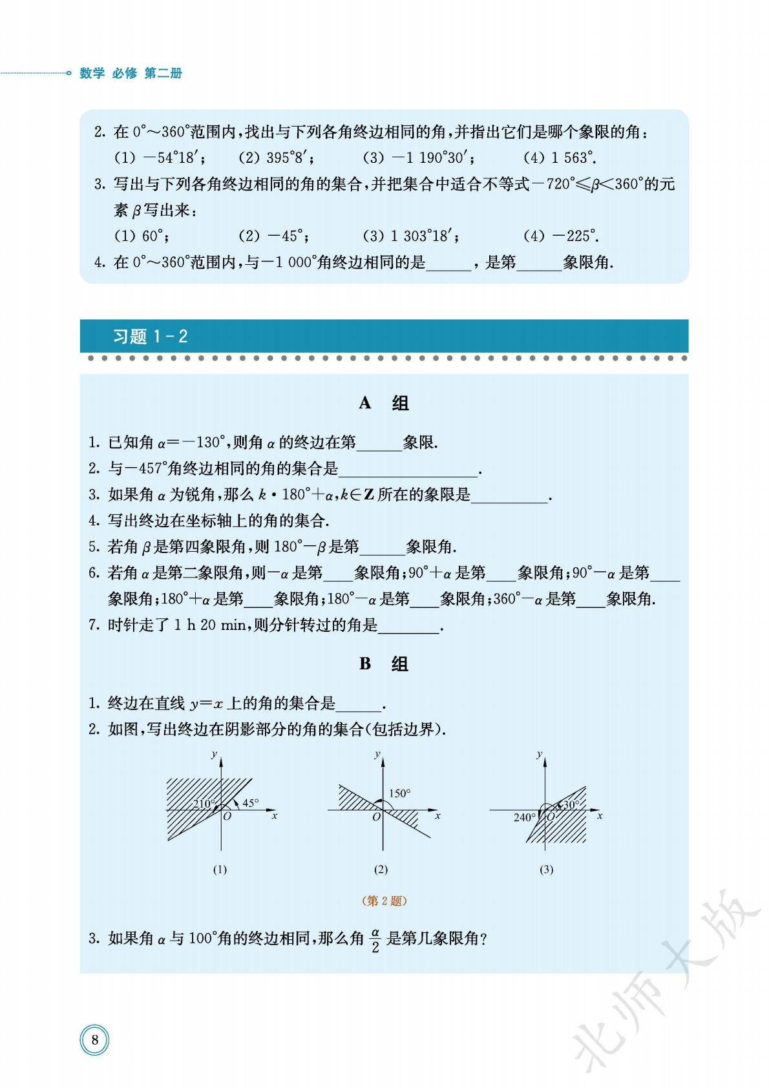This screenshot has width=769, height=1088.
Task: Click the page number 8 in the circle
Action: tap(95, 1040)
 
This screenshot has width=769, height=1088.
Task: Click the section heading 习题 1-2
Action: tap(150, 337)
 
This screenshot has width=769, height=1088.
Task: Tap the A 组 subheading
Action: tap(384, 403)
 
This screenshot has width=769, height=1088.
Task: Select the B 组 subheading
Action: tap(384, 664)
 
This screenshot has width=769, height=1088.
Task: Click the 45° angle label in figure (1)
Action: tap(250, 803)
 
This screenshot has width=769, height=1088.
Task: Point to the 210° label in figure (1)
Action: tap(204, 804)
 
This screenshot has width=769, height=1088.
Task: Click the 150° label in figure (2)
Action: tap(399, 793)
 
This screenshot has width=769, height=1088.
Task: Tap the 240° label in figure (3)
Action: tap(524, 818)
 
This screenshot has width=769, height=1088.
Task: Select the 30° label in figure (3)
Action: tap(571, 804)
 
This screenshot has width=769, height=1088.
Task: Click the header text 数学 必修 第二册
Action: tap(131, 73)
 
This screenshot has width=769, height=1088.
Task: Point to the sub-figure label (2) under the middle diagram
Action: tap(381, 870)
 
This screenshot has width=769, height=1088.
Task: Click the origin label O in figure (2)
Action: tap(376, 817)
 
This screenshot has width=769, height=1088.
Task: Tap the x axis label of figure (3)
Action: tap(600, 816)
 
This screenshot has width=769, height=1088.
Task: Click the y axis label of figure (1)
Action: tap(214, 755)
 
